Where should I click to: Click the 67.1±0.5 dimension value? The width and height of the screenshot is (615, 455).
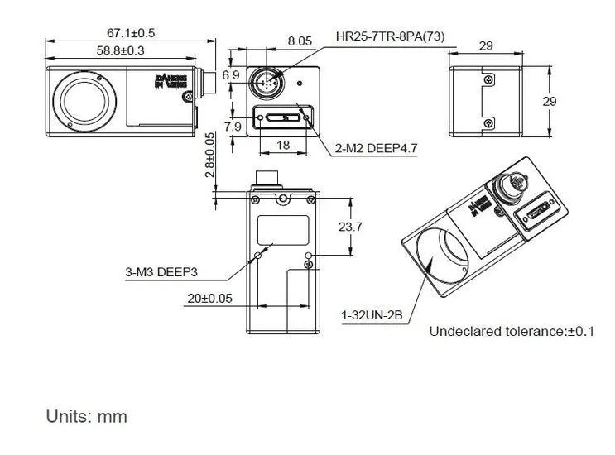click(131, 33)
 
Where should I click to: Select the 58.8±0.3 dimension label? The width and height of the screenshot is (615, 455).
click(121, 50)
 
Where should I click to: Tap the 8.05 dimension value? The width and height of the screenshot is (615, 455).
click(300, 40)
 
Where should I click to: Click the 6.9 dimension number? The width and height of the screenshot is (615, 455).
click(231, 75)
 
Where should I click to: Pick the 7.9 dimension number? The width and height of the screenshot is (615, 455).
click(232, 127)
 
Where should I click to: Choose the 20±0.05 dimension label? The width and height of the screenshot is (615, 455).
click(210, 298)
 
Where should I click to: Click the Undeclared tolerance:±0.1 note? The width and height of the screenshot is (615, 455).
click(512, 332)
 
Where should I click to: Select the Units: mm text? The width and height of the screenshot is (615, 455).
click(87, 416)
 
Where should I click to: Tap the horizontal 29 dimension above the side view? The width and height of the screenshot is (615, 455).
click(486, 46)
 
